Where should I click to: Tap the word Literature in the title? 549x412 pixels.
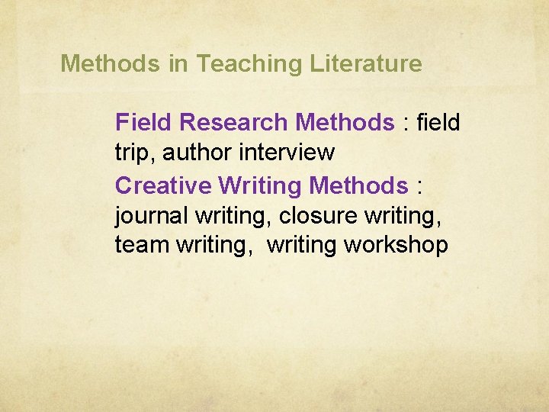(366, 64)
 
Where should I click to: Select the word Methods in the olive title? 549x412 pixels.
(111, 64)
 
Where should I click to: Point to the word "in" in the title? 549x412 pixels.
(178, 64)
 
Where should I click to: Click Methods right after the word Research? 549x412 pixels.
(345, 122)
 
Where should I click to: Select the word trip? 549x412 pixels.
(132, 153)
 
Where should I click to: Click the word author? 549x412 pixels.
(197, 153)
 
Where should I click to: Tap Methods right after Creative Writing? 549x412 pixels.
(359, 185)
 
